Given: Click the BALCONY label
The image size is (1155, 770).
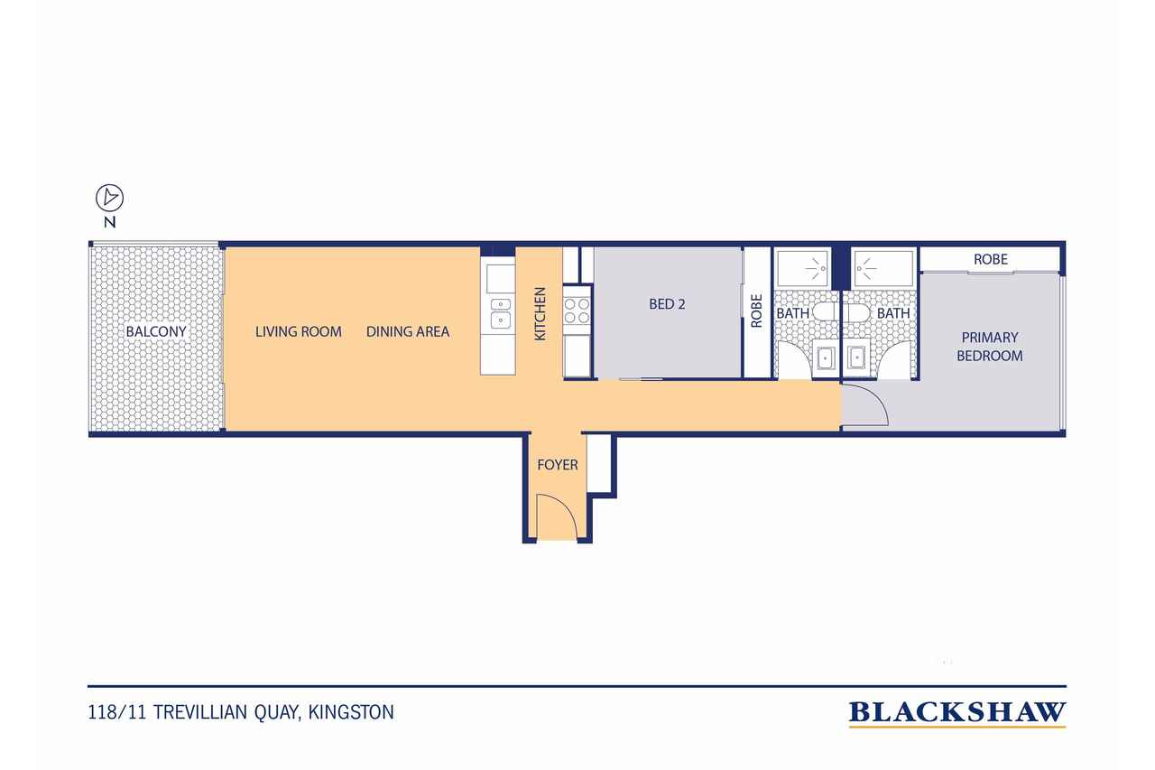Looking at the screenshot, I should point(156,331).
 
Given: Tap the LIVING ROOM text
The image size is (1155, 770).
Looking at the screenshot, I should point(298,331).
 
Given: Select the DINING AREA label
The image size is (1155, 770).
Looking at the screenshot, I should point(408,331).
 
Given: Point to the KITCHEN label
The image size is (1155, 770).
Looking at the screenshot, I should point(541,313).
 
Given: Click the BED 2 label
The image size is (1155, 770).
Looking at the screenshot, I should point(667,304).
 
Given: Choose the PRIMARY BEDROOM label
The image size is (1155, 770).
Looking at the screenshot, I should point(989,347).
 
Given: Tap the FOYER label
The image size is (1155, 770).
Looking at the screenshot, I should point(557,466).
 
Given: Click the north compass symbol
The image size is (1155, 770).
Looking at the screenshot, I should point(109,197).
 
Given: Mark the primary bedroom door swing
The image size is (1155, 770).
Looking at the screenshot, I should point(864,404).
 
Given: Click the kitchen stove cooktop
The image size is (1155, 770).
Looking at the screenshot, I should point(577,311).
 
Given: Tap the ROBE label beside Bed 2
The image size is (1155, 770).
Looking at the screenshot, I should point(756,310).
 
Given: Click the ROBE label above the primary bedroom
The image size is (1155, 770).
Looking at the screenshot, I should point(990,259).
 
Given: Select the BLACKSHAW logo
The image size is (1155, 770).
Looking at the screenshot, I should point(956,713).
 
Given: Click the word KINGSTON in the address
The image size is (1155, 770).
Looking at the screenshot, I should point(351,712).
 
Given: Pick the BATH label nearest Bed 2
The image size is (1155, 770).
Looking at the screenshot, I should point(793,313).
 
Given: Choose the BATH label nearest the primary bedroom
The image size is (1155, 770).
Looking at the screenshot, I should point(893,313).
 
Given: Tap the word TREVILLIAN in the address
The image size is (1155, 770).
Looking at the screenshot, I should point(196,712).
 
